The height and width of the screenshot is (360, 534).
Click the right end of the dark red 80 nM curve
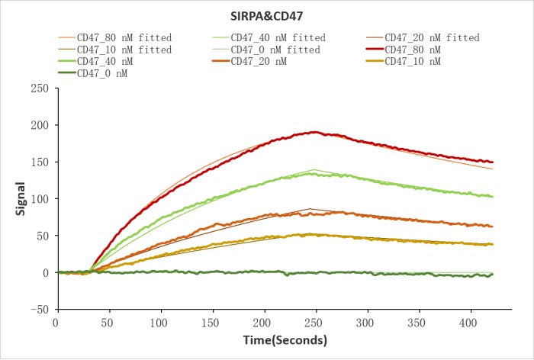tap(493, 162)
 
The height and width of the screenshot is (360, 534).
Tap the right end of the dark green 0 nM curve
tap(493, 275)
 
